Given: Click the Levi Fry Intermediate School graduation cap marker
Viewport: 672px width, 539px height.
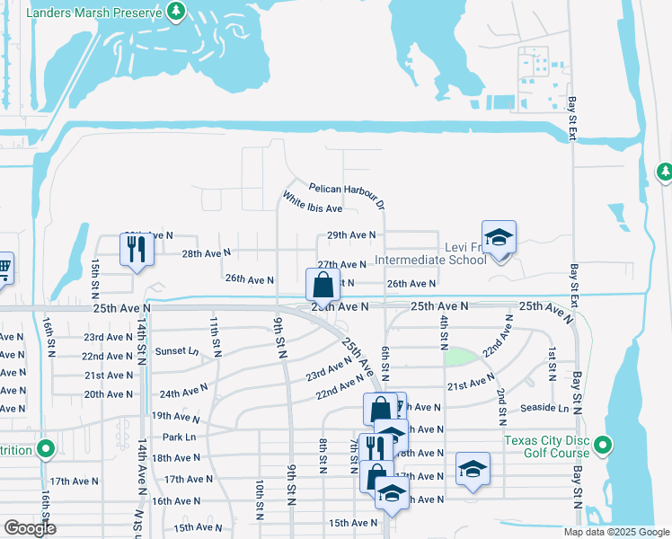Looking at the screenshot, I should tap(499, 237).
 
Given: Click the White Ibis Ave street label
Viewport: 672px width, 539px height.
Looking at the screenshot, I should tap(313, 202).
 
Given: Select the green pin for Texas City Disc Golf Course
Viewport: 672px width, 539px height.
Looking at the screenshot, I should tap(604, 445).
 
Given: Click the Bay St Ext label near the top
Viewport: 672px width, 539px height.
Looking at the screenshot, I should tap(571, 119).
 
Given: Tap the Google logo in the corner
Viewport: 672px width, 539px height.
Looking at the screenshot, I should tap(31, 528).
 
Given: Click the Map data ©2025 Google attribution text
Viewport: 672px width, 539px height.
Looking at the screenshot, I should tap(615, 532).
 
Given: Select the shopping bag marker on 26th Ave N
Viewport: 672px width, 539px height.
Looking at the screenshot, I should tap(323, 285).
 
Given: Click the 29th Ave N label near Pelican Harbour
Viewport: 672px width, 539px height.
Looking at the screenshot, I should tap(350, 235).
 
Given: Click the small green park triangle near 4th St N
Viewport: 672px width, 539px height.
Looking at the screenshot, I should tap(459, 356).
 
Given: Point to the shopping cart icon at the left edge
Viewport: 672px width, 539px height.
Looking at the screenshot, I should tap(4, 267).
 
